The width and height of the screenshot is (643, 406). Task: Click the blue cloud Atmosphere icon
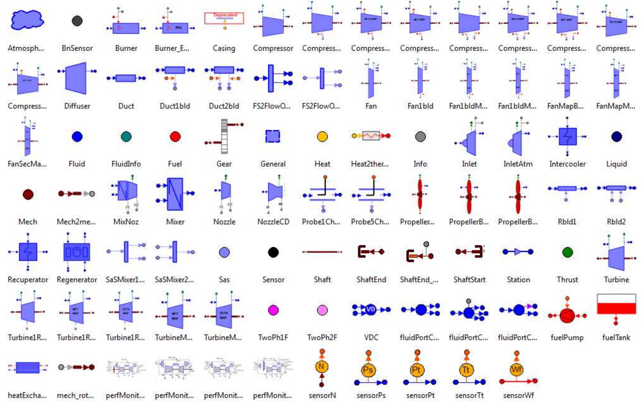(x=27, y=20)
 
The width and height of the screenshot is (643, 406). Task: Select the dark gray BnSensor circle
(x=77, y=21)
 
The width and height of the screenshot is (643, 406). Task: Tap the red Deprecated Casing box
(x=224, y=18)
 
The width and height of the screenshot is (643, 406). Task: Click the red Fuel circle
(x=175, y=136)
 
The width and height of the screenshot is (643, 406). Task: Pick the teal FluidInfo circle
(x=126, y=136)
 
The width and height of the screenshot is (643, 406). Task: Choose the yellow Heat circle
(x=322, y=136)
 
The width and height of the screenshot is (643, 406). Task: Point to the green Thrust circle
(x=567, y=252)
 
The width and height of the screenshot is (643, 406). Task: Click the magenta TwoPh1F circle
(x=273, y=310)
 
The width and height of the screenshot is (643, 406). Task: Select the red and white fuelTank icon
(x=616, y=304)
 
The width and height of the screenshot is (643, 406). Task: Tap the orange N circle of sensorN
(x=322, y=367)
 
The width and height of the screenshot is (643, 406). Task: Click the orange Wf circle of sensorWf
(x=517, y=369)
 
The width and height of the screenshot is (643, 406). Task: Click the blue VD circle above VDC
(x=371, y=310)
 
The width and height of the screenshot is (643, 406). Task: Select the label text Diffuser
(x=77, y=106)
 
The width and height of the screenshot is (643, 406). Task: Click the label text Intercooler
(x=567, y=164)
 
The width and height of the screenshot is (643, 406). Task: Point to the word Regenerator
(x=77, y=280)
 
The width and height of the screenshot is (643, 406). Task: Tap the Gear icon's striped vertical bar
(x=224, y=136)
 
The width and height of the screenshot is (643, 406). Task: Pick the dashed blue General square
(x=273, y=136)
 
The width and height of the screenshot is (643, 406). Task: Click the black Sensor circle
(x=273, y=252)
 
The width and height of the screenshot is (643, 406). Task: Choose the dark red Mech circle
(x=28, y=194)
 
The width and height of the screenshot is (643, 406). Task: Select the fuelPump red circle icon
(x=567, y=315)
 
